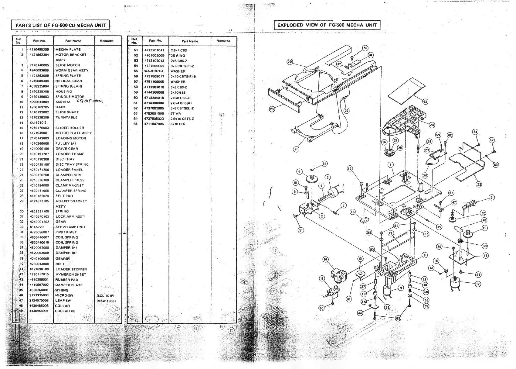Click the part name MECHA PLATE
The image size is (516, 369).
click(68, 50)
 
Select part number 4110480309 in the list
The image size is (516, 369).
click(39, 50)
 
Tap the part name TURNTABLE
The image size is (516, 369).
click(66, 117)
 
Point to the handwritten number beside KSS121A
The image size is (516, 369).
click(89, 102)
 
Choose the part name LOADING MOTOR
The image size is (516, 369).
click(70, 138)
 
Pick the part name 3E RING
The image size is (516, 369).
click(178, 56)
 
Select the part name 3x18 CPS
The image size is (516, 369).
click(178, 124)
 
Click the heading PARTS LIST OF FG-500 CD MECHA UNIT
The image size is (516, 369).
click(60, 25)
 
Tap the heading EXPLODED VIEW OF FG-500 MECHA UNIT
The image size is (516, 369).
click(327, 25)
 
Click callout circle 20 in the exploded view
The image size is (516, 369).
click(290, 62)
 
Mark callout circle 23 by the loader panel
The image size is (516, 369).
click(272, 109)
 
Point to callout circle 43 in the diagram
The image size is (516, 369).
click(425, 102)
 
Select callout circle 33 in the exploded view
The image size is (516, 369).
click(479, 184)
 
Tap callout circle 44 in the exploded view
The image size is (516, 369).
click(360, 313)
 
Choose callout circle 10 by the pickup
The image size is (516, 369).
click(325, 259)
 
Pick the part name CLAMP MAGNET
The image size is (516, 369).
click(70, 185)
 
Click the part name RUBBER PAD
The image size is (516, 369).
click(67, 280)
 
